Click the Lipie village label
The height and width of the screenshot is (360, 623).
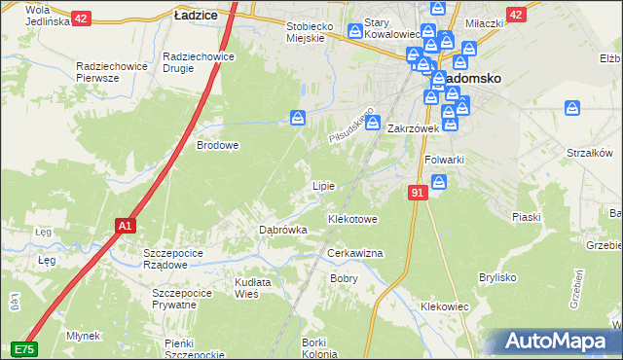(322, 186)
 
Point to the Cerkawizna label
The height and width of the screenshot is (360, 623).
(354, 253)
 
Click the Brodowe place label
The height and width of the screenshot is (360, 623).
(218, 145)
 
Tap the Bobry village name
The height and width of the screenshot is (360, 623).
(344, 278)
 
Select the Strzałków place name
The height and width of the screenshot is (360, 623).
(588, 153)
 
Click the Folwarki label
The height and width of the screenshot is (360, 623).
(444, 160)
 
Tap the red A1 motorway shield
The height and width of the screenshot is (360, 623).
(124, 226)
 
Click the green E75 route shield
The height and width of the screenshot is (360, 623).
(24, 348)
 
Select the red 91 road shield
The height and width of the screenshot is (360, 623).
(418, 194)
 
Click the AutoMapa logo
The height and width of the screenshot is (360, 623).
(558, 342)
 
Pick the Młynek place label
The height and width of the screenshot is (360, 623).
(83, 336)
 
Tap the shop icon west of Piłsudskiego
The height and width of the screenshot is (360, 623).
(298, 118)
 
